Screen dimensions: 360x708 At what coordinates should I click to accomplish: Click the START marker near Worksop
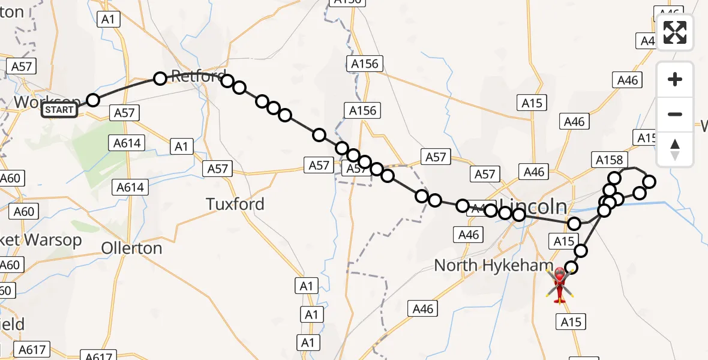point(59,110)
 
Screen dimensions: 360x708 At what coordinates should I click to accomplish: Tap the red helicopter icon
point(560,284)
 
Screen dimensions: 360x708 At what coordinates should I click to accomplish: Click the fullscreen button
point(675,32)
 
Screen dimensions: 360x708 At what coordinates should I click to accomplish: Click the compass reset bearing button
point(675,149)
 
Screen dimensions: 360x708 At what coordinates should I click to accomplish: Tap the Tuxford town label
point(235,204)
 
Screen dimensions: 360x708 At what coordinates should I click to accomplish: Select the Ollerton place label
point(132,248)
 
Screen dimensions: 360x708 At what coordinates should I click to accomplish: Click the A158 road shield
point(610,160)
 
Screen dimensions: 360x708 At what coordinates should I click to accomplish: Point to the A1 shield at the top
point(108,19)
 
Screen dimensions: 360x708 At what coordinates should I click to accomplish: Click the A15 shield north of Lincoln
point(532,103)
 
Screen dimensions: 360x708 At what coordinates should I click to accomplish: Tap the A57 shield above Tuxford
point(217,169)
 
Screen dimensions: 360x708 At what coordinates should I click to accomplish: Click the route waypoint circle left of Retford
point(160,79)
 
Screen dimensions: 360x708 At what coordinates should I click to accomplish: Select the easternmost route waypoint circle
point(649,181)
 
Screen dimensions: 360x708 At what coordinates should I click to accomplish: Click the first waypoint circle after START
point(92,100)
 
